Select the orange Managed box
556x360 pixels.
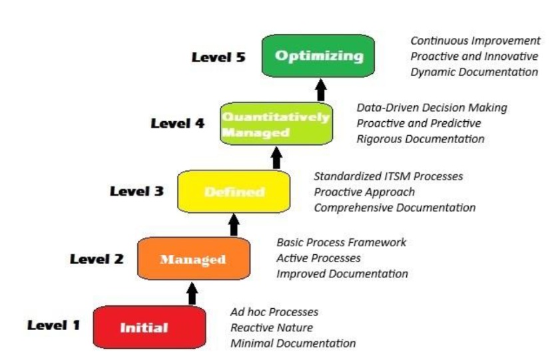(x=193, y=259)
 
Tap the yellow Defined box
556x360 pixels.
(x=234, y=192)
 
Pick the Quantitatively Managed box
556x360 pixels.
(x=276, y=124)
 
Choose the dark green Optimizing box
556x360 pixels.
(x=318, y=56)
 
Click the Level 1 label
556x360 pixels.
(x=53, y=325)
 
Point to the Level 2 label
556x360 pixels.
(x=97, y=259)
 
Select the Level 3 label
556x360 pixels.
(x=137, y=192)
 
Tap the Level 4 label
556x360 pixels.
(x=177, y=123)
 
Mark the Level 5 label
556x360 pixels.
(x=218, y=57)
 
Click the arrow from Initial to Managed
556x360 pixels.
(x=192, y=293)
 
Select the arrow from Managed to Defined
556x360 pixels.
(x=234, y=225)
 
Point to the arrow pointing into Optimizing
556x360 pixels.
(x=321, y=89)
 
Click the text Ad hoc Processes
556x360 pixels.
(x=274, y=312)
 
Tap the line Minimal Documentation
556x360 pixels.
(x=293, y=343)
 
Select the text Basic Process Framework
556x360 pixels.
(x=341, y=242)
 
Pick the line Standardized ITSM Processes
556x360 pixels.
(x=388, y=176)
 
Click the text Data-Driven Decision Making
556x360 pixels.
(x=431, y=107)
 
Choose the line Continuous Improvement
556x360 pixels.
(x=475, y=41)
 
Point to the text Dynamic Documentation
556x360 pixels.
(x=474, y=72)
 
